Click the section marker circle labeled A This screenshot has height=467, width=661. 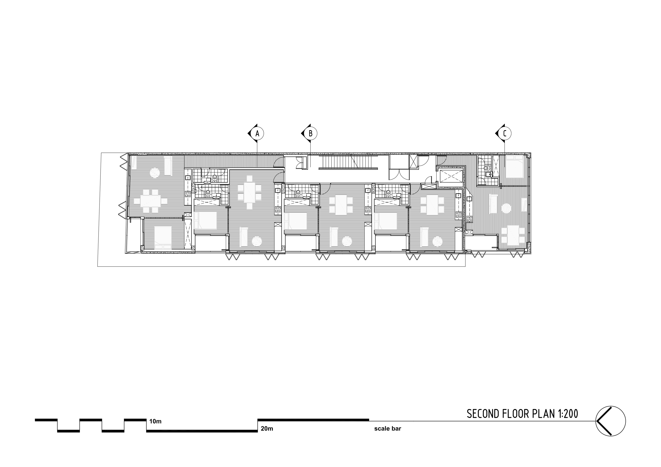point(257,134)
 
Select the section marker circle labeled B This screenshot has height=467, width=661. point(311,134)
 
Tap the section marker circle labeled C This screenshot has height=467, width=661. point(505,134)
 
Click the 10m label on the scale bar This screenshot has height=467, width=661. point(155,422)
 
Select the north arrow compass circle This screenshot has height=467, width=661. point(610,421)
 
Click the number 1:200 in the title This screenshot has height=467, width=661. point(567,414)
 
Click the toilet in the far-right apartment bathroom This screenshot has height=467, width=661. point(486,168)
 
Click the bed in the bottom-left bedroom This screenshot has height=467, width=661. point(163,238)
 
